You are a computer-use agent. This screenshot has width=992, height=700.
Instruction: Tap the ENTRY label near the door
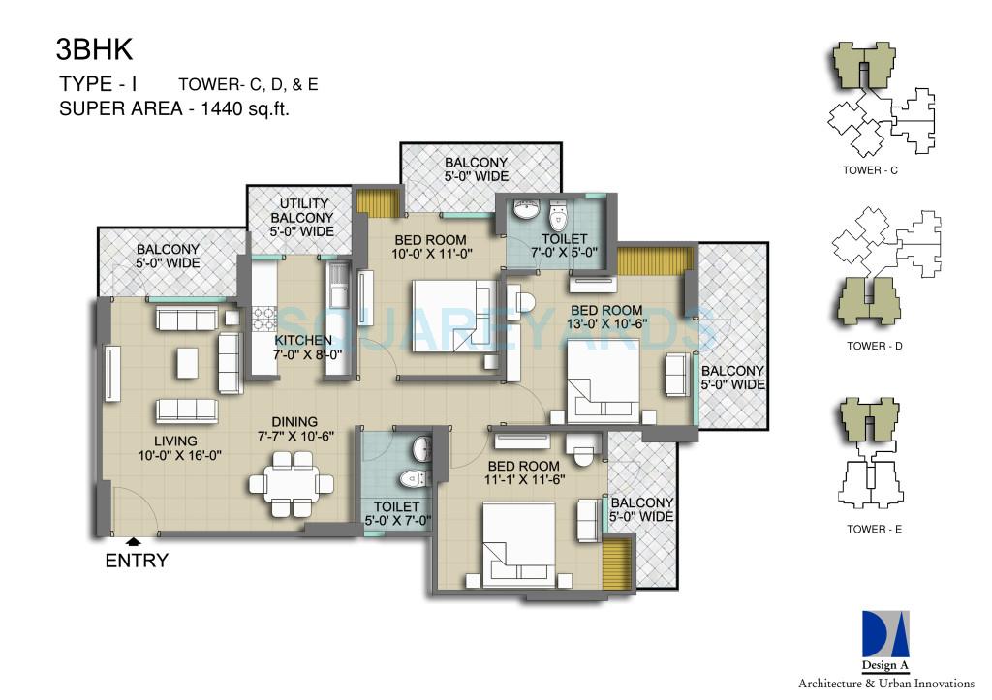(137, 560)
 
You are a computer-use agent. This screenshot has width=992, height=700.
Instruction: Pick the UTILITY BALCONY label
(306, 217)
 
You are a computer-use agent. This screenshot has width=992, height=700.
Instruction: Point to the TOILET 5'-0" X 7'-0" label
(396, 513)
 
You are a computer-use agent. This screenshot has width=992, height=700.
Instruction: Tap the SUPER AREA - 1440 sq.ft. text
(175, 109)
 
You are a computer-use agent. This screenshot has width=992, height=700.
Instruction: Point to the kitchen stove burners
(263, 318)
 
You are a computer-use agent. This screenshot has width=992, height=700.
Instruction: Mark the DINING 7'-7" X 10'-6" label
(294, 429)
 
